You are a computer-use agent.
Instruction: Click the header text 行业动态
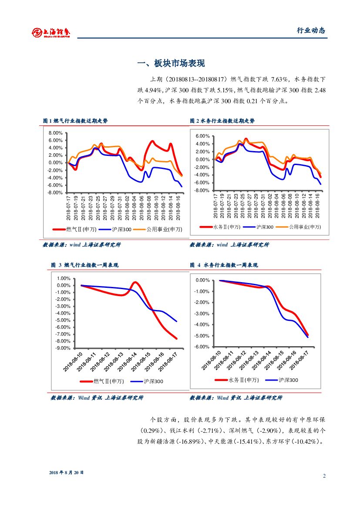tap(311, 30)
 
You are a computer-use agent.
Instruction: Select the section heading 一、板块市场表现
tap(171, 64)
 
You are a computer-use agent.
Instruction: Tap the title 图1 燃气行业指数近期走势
tap(75, 121)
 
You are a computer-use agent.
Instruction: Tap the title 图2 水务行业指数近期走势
tap(222, 121)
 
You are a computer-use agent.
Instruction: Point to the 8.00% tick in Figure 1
tap(56, 133)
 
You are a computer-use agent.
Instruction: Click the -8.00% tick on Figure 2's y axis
tap(202, 191)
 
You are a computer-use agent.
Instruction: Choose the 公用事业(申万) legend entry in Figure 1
tap(164, 229)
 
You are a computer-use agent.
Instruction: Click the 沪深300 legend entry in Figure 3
tap(153, 381)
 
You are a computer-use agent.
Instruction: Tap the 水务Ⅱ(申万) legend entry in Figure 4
tap(243, 380)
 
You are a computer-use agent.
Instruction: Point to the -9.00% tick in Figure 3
tap(63, 348)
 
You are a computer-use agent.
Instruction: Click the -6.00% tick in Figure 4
tap(202, 347)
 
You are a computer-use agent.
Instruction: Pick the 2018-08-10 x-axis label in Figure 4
tap(212, 361)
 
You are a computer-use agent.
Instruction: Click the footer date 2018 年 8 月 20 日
tap(66, 472)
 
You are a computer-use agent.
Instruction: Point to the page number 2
tap(324, 476)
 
